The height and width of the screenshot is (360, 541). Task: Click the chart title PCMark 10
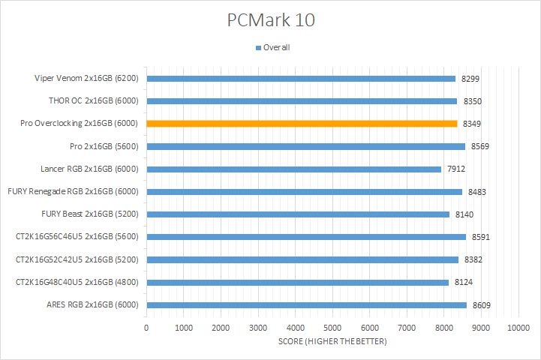[271, 20]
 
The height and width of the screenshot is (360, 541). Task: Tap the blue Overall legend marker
[258, 48]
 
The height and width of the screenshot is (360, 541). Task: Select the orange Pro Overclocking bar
[301, 124]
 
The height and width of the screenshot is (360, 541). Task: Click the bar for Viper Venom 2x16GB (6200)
[300, 78]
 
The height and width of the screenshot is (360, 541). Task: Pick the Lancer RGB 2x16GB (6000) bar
[293, 169]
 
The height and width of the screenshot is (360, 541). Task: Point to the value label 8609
[480, 305]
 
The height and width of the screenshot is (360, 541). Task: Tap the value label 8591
[479, 237]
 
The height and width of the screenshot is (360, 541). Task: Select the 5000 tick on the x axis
[332, 328]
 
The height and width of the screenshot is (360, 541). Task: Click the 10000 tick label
[518, 328]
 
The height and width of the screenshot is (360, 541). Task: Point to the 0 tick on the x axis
[146, 328]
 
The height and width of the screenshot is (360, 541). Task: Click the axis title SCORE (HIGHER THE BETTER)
[332, 342]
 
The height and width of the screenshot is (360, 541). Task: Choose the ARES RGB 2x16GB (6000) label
[92, 305]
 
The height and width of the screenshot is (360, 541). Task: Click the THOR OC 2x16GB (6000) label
[93, 100]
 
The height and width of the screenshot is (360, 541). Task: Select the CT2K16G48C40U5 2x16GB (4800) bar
[297, 283]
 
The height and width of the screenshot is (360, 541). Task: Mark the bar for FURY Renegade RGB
[304, 192]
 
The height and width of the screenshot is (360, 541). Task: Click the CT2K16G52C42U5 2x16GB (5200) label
[78, 259]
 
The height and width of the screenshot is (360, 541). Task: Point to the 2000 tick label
[221, 328]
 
